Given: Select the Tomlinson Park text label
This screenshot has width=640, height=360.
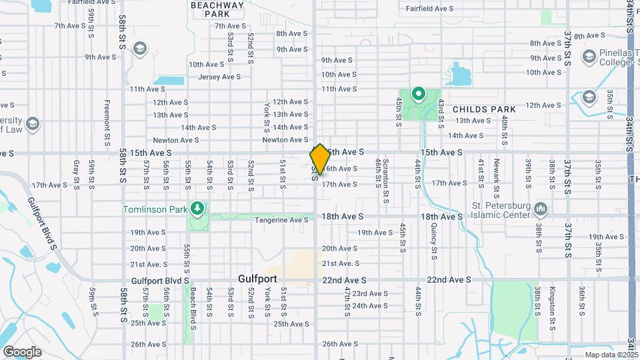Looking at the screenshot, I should coord(154,209).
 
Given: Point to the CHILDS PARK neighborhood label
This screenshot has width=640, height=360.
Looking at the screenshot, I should coord(484,109).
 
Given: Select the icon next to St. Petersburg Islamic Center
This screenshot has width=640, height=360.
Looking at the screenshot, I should coord(541,209).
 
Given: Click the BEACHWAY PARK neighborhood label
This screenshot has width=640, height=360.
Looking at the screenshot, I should coord(217,9).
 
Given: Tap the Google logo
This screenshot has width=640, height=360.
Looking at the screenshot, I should coord(22,351).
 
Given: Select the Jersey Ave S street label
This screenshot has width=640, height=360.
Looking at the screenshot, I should coord(219,77).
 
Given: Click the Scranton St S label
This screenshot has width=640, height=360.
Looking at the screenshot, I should coord(385,181).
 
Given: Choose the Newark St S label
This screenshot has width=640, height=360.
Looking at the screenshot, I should coord(497,173).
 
